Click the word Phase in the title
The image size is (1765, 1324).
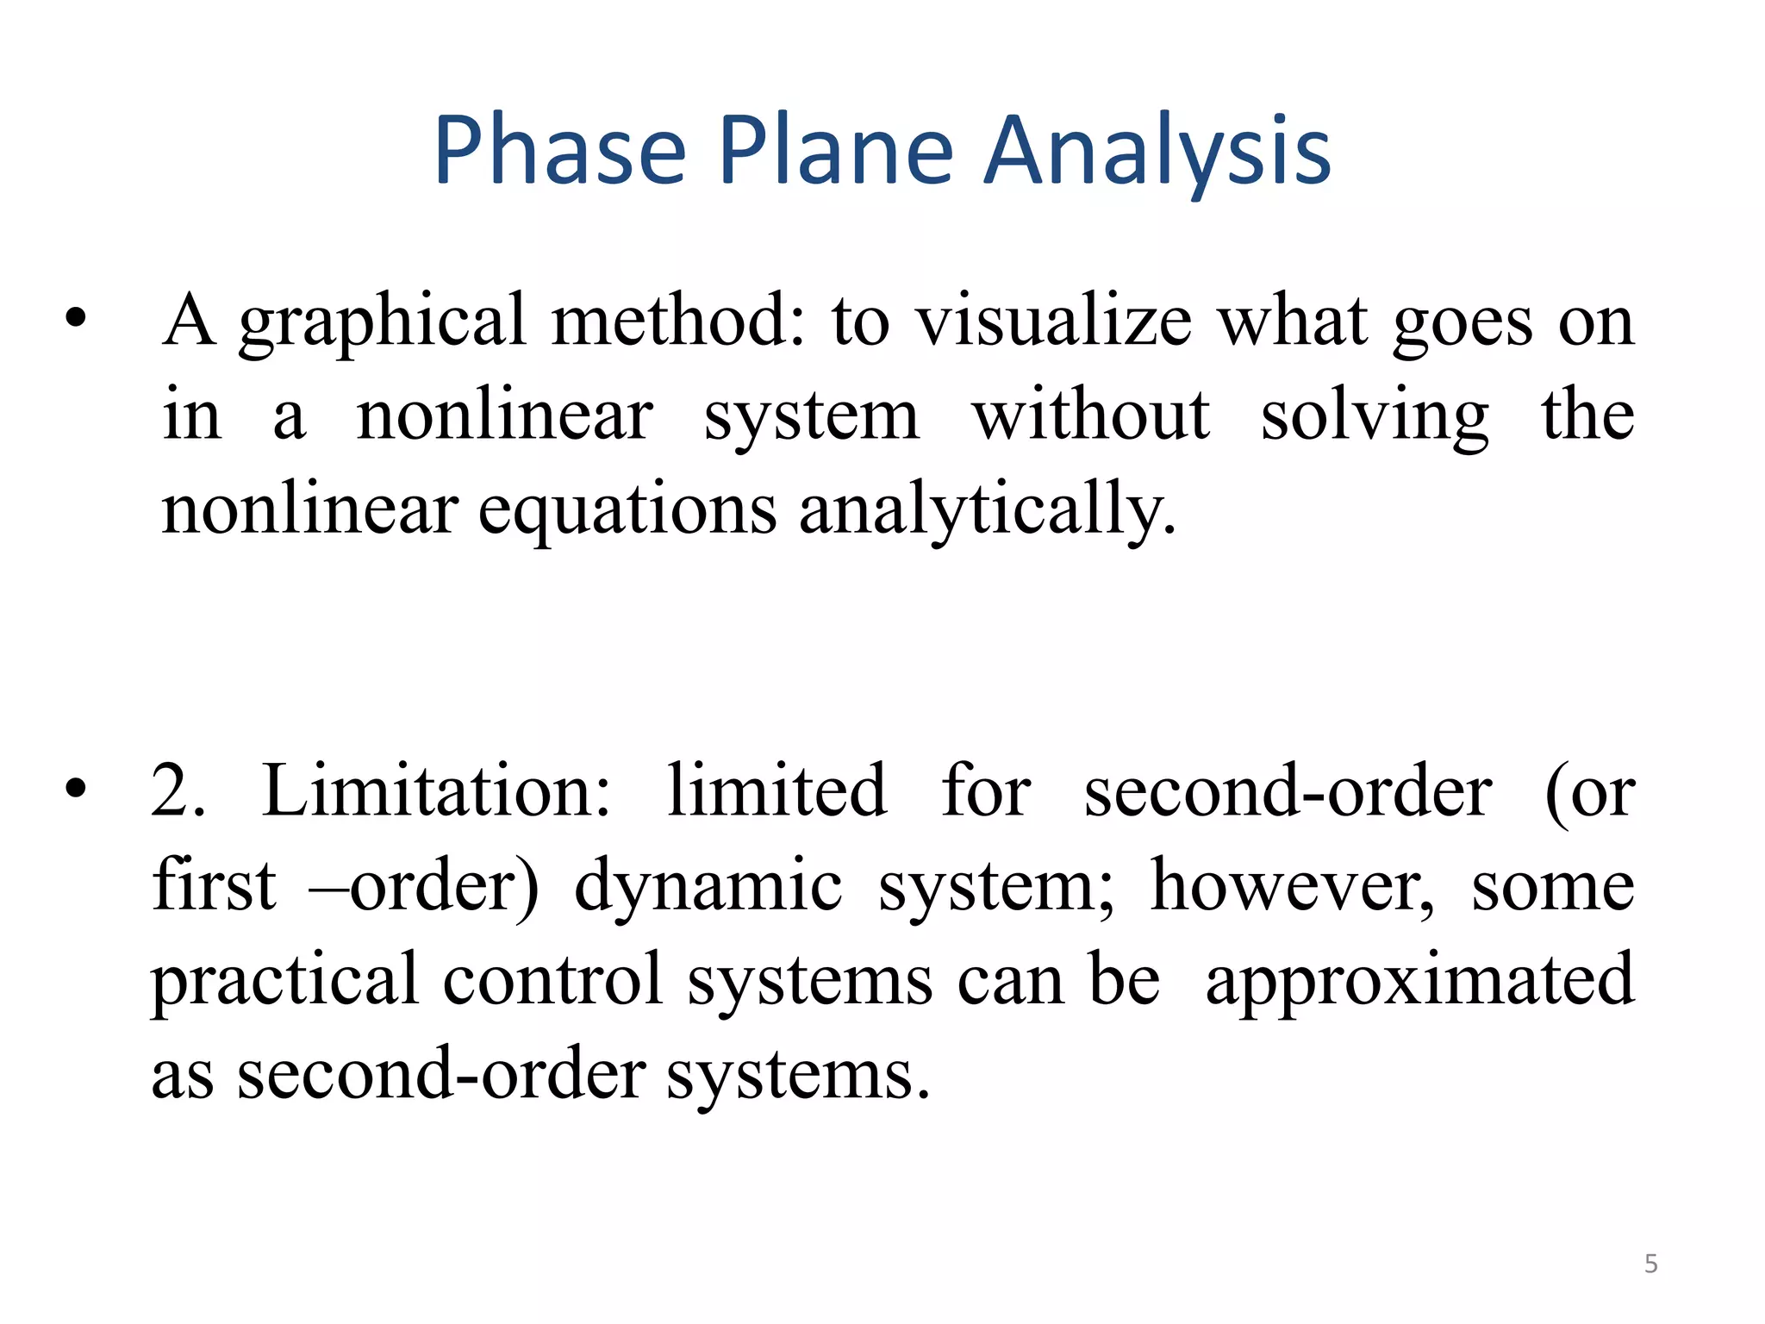[559, 152]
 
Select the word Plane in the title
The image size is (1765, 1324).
[835, 152]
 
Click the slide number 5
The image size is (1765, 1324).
[1650, 1264]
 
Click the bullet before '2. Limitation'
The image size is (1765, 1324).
[76, 788]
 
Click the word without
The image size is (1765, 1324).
[1091, 416]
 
